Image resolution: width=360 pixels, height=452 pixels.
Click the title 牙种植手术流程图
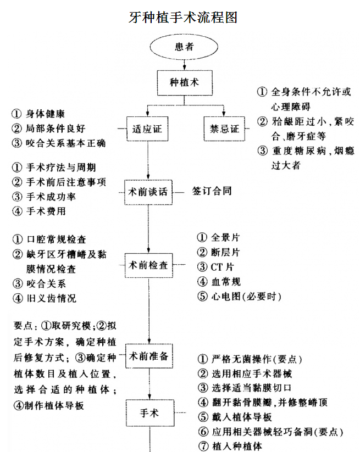pyautogui.click(x=183, y=16)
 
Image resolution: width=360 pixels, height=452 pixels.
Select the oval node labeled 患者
pyautogui.click(x=184, y=47)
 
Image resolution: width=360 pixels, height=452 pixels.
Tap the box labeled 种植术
pyautogui.click(x=184, y=83)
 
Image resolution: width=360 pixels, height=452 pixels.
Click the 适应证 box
pyautogui.click(x=147, y=129)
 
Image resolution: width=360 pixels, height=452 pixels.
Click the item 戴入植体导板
pyautogui.click(x=241, y=417)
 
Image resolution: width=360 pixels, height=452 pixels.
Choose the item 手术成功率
pyautogui.click(x=49, y=196)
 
